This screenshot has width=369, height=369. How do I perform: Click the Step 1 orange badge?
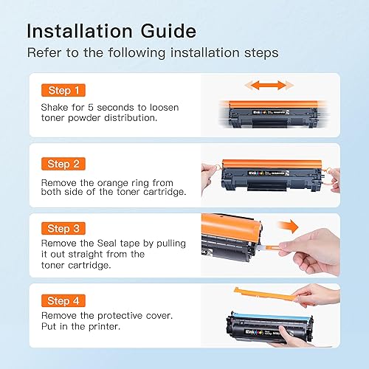tap(63, 90)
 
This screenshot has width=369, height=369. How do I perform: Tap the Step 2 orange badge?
tap(63, 164)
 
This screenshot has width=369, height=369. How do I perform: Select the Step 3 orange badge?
tap(63, 229)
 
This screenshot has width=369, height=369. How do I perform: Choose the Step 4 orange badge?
tap(63, 300)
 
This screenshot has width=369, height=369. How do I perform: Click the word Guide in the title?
tap(168, 31)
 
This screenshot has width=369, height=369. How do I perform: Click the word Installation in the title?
tap(80, 31)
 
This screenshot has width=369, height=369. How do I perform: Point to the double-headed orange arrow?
tap(269, 86)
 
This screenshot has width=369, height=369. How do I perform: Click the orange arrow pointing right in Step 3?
tap(288, 226)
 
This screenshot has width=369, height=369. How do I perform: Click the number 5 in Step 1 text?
tap(91, 108)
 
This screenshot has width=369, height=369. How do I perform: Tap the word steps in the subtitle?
tap(261, 53)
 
